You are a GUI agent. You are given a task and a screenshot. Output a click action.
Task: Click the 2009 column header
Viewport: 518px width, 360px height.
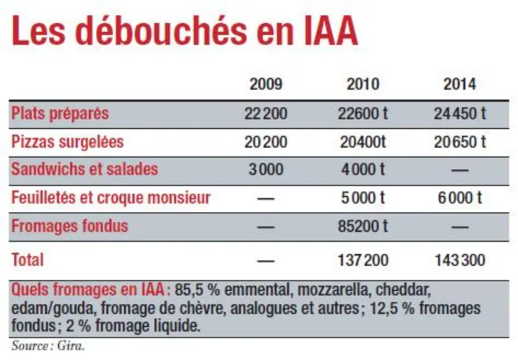click(266, 84)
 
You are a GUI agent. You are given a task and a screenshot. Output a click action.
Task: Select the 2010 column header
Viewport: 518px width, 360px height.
click(363, 84)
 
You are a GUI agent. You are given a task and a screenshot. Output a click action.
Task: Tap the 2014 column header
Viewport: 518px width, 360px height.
click(460, 84)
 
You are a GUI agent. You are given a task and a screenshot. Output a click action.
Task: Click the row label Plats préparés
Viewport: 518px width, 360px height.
click(60, 114)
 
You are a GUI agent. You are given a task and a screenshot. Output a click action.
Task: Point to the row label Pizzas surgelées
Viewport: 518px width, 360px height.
click(68, 142)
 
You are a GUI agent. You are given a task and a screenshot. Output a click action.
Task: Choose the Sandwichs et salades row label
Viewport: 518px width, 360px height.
click(84, 169)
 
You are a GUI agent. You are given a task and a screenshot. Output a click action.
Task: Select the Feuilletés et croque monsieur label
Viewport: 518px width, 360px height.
click(111, 198)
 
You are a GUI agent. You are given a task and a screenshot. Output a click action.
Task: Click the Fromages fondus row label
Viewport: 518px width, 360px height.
click(69, 227)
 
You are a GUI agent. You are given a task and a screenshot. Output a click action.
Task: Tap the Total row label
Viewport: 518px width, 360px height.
click(28, 260)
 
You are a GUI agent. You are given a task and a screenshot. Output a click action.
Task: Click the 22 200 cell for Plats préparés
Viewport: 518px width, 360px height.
click(266, 114)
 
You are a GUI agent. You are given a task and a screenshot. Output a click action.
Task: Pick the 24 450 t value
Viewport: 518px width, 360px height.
click(460, 114)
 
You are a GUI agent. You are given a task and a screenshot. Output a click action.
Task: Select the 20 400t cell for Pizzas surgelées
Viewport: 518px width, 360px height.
click(363, 142)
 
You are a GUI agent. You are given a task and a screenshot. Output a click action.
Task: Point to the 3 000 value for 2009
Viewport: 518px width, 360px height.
click(266, 169)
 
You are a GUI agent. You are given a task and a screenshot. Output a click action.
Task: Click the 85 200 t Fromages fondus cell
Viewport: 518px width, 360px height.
click(363, 227)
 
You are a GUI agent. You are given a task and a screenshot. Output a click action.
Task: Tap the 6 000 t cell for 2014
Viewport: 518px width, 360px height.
click(460, 198)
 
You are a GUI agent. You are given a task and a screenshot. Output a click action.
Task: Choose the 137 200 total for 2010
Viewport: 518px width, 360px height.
click(363, 260)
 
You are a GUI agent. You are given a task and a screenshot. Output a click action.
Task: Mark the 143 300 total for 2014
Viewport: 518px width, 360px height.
click(460, 260)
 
